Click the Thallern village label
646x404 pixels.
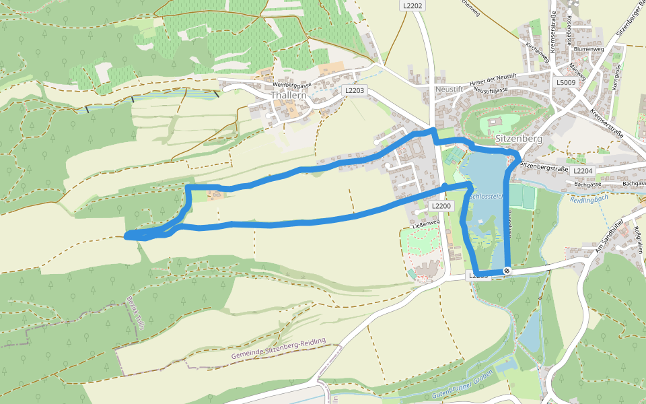click(x=289, y=96)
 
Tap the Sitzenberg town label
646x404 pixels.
click(x=518, y=139)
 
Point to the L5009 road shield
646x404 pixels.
click(x=566, y=82)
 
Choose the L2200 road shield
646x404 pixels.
click(x=440, y=206)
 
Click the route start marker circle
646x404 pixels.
click(x=507, y=271)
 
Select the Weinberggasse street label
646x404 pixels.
click(x=291, y=86)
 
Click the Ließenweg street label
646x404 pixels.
click(x=425, y=222)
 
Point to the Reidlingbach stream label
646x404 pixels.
click(x=588, y=200)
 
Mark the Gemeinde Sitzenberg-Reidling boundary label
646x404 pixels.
click(x=277, y=349)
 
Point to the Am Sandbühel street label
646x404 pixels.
click(x=607, y=236)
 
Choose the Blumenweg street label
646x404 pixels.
click(x=588, y=49)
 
